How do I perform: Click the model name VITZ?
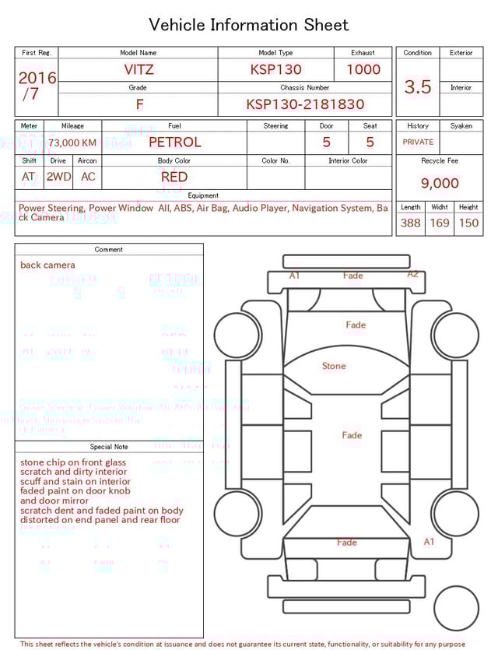139,69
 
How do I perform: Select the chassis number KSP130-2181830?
305,104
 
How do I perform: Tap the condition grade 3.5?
418,87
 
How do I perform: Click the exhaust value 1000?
363,69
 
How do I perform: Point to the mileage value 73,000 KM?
72,143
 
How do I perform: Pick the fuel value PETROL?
174,142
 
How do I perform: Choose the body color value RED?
174,177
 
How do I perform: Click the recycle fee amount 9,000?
440,184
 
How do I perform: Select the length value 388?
410,223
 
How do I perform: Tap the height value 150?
468,223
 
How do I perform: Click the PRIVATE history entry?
418,142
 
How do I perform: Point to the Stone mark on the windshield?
334,366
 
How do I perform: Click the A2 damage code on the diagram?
413,274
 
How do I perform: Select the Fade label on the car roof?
352,435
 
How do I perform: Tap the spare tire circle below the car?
457,609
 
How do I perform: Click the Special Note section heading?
109,447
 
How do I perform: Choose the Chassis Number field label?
305,88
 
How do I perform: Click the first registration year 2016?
37,78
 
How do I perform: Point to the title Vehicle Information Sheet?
249,25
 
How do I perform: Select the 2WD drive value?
58,177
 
